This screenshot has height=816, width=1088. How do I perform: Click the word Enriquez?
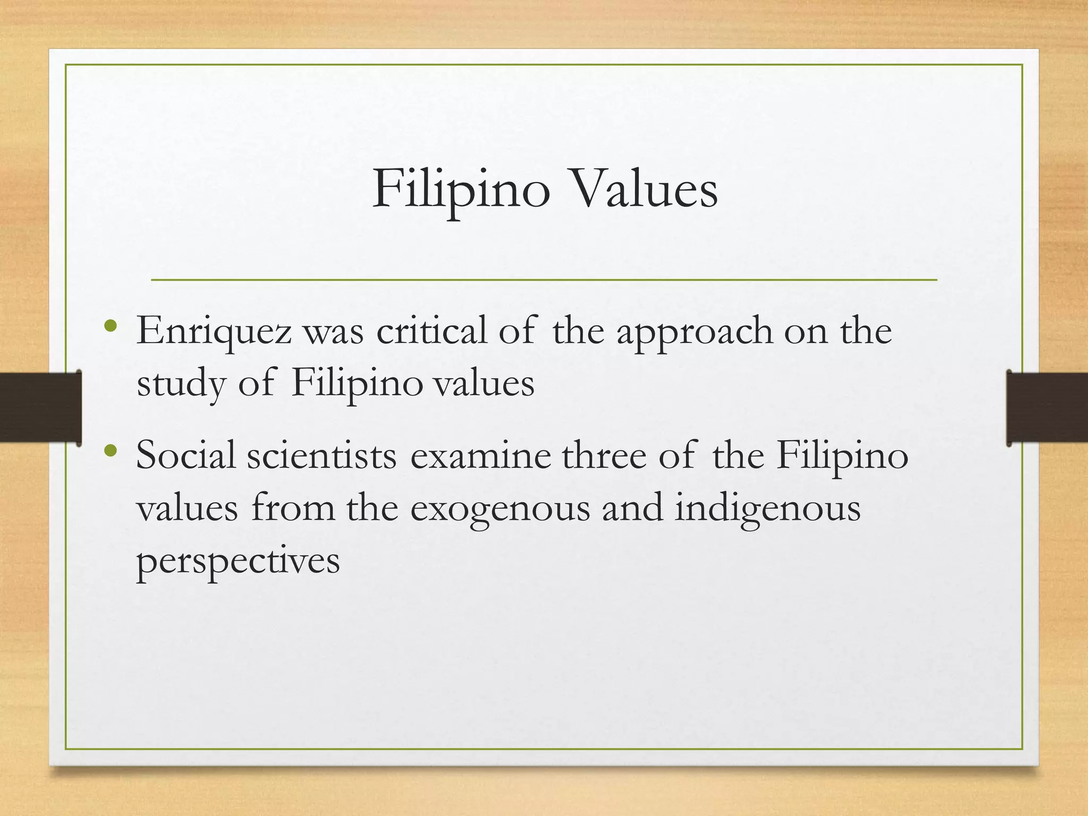pyautogui.click(x=214, y=331)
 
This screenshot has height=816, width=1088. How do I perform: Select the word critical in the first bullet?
pyautogui.click(x=431, y=330)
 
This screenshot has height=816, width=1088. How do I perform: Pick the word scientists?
pyautogui.click(x=321, y=456)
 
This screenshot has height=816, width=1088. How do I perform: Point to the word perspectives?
pyautogui.click(x=238, y=561)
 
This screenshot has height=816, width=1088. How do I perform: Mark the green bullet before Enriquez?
pyautogui.click(x=110, y=326)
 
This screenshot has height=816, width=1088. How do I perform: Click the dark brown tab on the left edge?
pyautogui.click(x=40, y=407)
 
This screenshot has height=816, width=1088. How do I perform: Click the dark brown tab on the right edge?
pyautogui.click(x=1047, y=407)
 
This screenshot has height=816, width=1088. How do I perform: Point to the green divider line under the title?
pyautogui.click(x=544, y=279)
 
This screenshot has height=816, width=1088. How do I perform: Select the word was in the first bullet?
pyautogui.click(x=333, y=331)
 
